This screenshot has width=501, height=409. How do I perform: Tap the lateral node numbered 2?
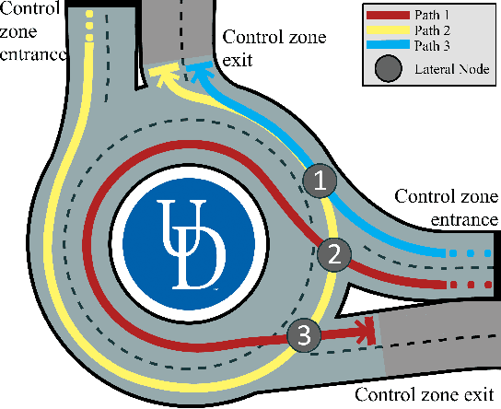(334, 251)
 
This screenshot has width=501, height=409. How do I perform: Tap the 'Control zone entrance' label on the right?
(447, 207)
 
